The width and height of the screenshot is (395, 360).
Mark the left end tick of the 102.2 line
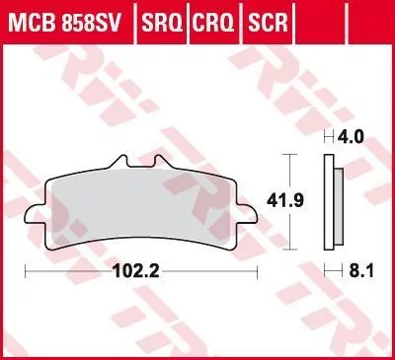pos(25,267)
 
